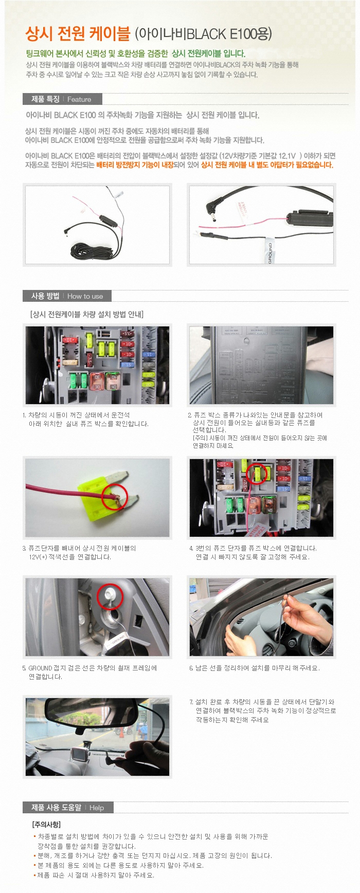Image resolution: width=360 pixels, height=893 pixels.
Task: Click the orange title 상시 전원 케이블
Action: [78, 34]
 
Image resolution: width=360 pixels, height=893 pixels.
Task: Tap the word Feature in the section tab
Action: [79, 100]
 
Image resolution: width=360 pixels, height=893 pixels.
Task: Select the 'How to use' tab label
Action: [85, 296]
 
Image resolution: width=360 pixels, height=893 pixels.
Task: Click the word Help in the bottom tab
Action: [97, 808]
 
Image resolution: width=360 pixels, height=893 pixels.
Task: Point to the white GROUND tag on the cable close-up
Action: [269, 253]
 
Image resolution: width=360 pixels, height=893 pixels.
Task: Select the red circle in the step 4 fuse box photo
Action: [257, 473]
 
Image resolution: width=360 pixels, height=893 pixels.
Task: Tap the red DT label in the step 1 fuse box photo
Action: [69, 340]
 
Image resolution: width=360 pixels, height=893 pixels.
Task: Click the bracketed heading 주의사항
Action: [46, 824]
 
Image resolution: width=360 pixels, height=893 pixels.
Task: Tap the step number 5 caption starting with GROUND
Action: [89, 672]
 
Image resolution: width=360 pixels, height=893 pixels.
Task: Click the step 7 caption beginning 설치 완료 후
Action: [263, 710]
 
